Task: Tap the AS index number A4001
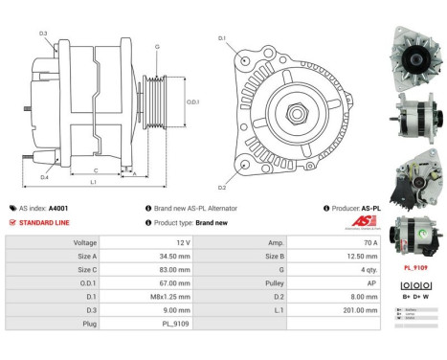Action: (58, 207)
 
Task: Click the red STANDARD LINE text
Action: (43, 222)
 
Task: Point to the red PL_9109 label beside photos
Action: (413, 269)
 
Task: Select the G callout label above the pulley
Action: (156, 46)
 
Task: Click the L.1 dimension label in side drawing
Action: (93, 181)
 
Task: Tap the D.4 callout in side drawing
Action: (44, 176)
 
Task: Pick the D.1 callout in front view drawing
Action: (222, 38)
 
